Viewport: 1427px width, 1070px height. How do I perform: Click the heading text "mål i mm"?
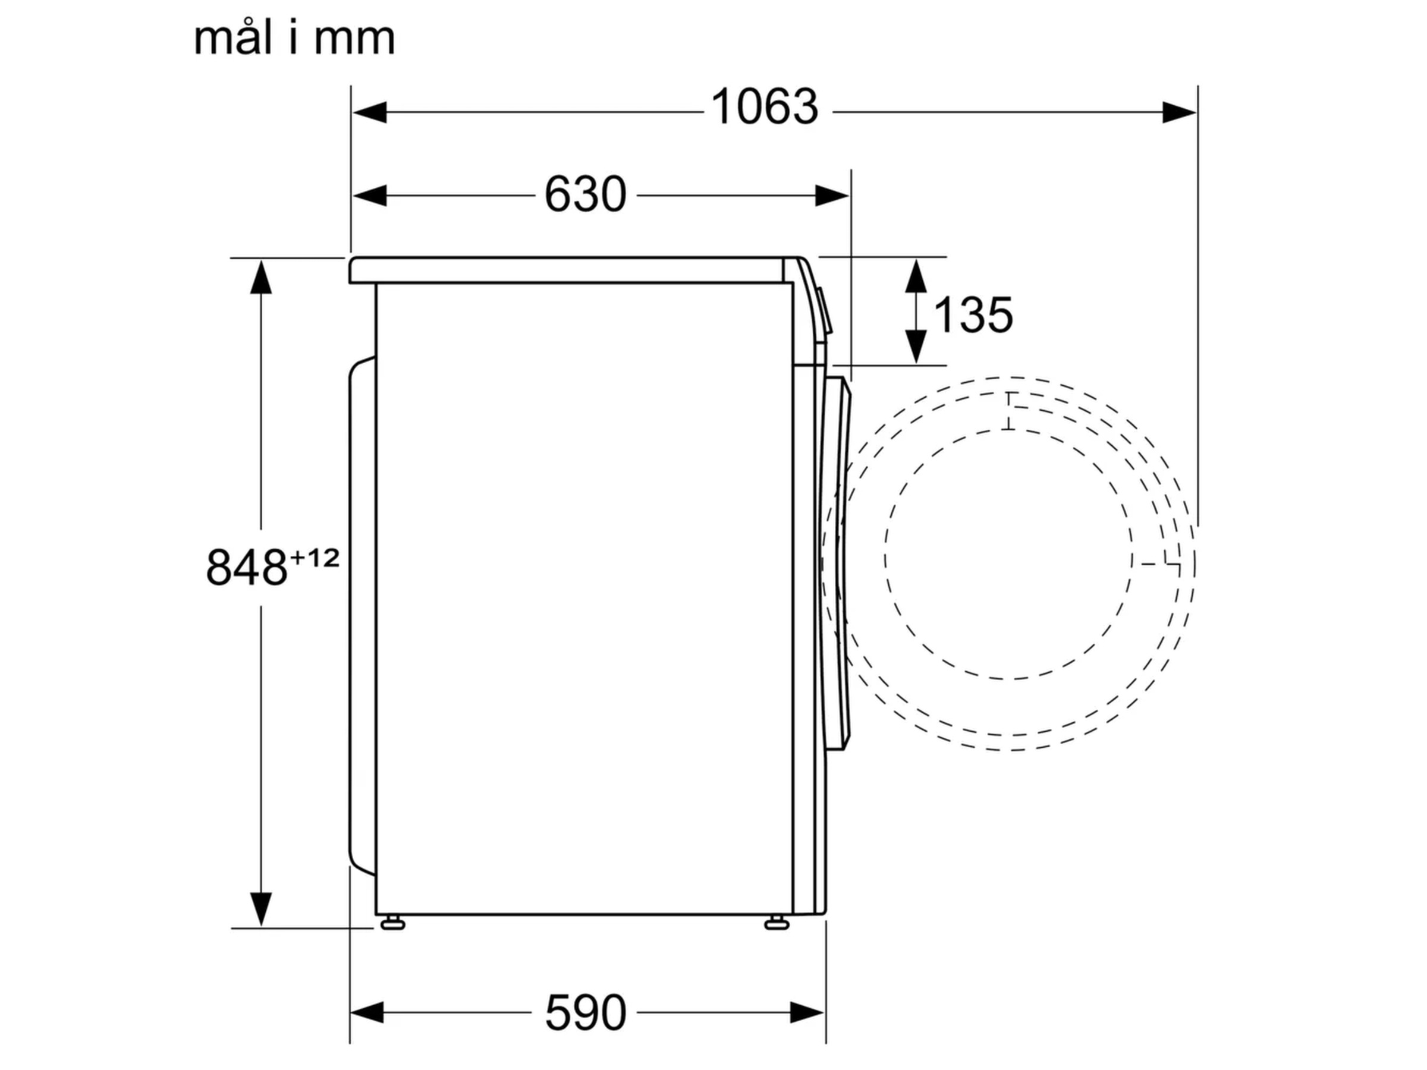coord(294,38)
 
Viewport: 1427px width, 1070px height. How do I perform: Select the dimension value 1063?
coord(765,107)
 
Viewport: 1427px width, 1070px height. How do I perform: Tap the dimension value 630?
coord(585,194)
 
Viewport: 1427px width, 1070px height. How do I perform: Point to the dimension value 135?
coord(973,316)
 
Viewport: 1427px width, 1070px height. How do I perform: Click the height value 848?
coord(246,568)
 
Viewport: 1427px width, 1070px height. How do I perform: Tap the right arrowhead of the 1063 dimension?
coord(1179,112)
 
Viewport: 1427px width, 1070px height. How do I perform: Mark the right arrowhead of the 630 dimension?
coord(832,196)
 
